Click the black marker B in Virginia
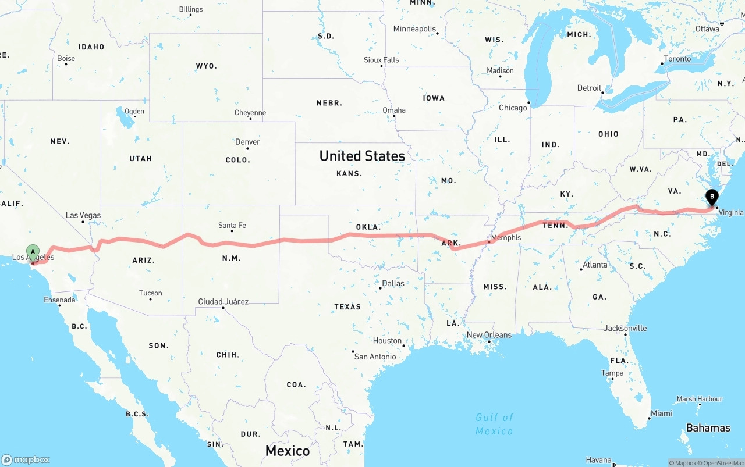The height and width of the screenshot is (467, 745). coord(711,198)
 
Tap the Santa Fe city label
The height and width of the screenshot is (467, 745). coord(232,226)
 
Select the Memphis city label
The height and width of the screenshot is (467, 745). coord(506,238)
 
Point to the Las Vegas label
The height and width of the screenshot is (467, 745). coord(83,215)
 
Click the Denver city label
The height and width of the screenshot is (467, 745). coord(247,142)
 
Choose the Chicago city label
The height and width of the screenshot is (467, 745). coord(512,108)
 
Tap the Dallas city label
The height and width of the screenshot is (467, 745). coord(393,284)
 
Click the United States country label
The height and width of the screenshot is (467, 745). coord(362,156)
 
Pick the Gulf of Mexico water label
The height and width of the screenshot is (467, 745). coord(494,424)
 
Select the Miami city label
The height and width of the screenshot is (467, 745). coord(661,413)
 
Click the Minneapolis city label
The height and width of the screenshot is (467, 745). coord(414,29)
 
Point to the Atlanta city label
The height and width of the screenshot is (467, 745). coord(595,265)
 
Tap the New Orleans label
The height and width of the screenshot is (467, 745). coord(489,335)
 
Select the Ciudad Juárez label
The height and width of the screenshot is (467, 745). coord(223,302)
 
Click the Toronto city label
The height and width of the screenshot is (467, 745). coord(677,59)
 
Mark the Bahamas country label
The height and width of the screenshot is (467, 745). coord(708,428)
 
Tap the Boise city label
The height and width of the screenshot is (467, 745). coord(66,58)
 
